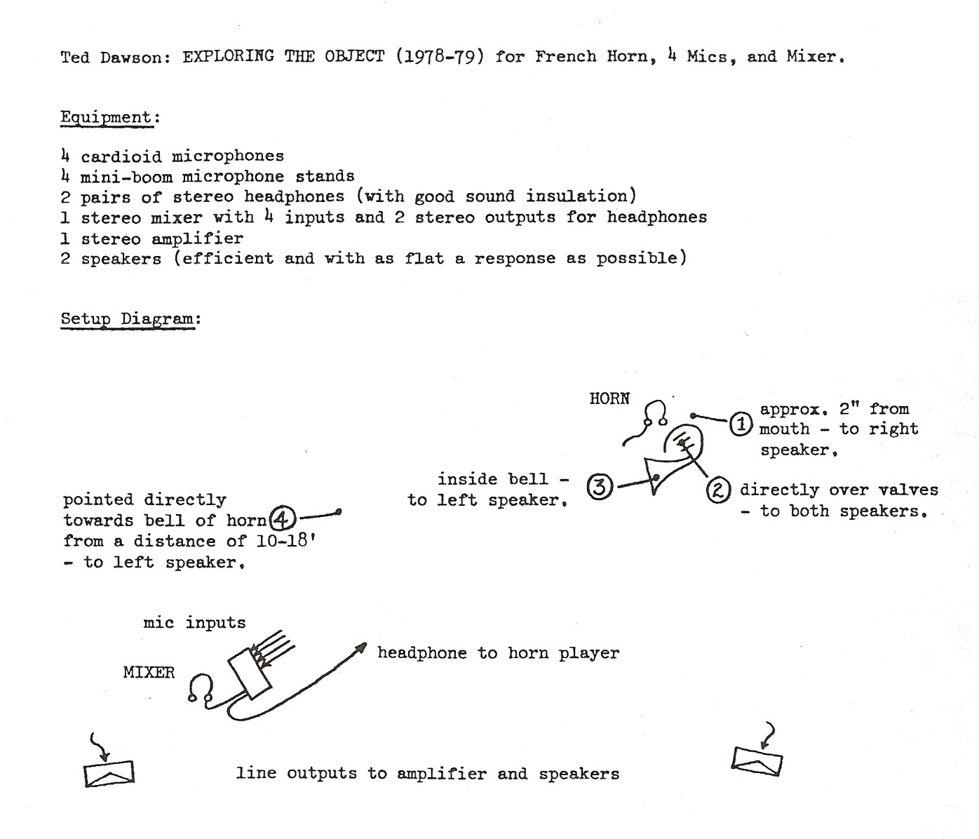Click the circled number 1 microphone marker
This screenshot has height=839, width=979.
coord(741,424)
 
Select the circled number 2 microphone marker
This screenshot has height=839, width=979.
coord(719,490)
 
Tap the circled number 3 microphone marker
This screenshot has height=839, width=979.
coord(600,487)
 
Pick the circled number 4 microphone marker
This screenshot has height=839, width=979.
coord(283,519)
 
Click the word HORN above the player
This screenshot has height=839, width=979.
coord(609,399)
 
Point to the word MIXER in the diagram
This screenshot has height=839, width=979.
coord(149,672)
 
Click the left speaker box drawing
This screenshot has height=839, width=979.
coord(109,774)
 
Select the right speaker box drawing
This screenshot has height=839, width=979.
coord(757,761)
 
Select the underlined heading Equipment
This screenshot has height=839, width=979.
coord(107,117)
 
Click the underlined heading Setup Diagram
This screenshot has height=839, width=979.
coord(128,318)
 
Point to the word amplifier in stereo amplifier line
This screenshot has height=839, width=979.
coord(197,239)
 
